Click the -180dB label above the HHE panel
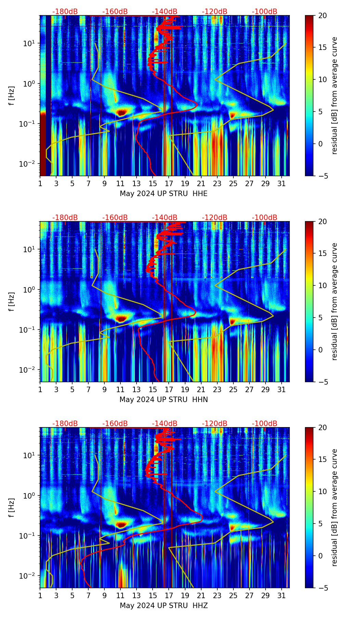tap(65, 12)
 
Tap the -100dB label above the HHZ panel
tap(265, 424)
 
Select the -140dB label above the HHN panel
tap(165, 218)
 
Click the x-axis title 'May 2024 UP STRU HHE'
tap(164, 194)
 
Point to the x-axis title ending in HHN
tap(164, 400)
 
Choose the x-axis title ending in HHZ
tap(164, 606)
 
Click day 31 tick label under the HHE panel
tap(282, 184)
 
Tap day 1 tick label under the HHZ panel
tap(40, 596)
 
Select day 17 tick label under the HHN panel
tap(169, 390)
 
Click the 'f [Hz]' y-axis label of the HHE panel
tap(12, 96)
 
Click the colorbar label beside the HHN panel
tap(335, 301)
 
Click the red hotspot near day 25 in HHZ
tap(233, 527)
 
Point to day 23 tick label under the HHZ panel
tap(217, 596)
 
